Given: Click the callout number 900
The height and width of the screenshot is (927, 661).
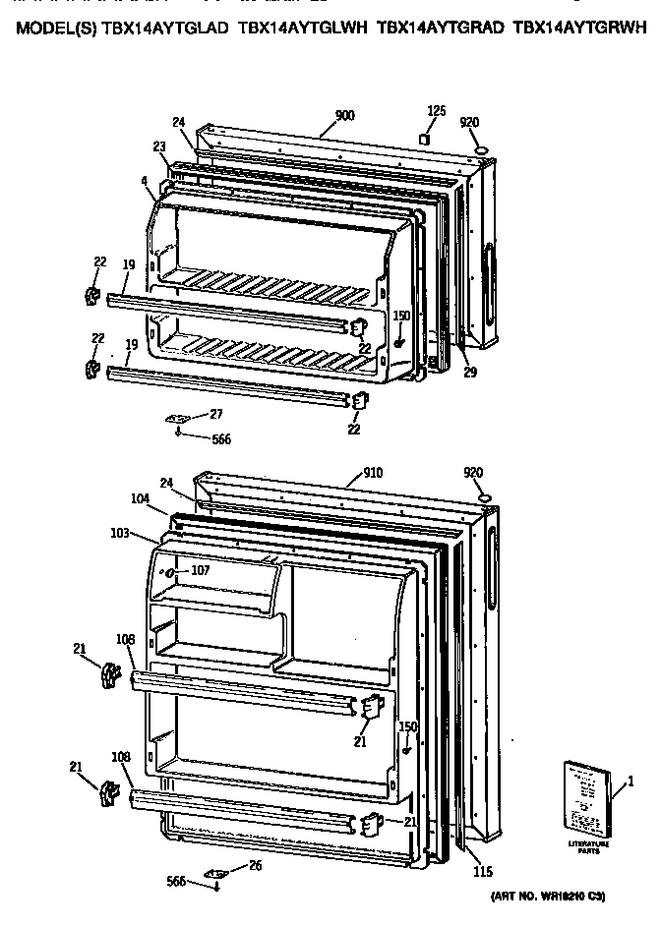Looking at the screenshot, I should tap(344, 116).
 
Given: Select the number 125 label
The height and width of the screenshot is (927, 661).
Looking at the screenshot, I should tap(436, 110).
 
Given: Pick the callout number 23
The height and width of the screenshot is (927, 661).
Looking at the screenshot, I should tap(159, 145).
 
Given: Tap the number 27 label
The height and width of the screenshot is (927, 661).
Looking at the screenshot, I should tap(215, 414).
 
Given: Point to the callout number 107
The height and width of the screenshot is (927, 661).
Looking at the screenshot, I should tap(200, 569).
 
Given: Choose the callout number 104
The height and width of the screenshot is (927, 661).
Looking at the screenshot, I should tap(141, 499).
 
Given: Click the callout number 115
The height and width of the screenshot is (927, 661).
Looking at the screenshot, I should tap(482, 871).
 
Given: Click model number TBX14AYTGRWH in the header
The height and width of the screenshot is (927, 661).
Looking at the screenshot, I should tap(580, 29).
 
